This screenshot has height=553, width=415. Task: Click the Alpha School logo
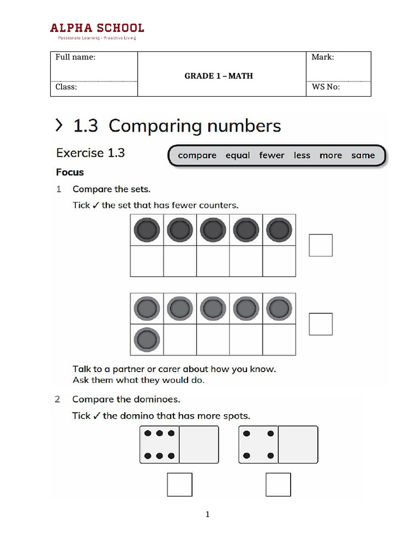coord(97,30)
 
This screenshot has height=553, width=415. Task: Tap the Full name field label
coord(76,57)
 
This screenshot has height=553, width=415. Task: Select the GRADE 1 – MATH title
coord(218,76)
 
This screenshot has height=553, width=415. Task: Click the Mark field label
coord(323,57)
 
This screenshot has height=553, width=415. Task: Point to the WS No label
coord(326,87)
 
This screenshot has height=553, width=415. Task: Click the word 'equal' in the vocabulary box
coord(238,156)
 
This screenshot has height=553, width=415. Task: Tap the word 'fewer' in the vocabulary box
coord(271,156)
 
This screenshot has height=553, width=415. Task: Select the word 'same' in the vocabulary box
coord(363,156)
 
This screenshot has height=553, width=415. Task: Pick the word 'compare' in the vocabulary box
coord(197,156)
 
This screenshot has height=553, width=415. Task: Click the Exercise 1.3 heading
coord(90,153)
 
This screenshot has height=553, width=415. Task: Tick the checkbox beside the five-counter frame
coord(320,245)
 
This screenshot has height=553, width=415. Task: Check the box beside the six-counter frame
coord(320,324)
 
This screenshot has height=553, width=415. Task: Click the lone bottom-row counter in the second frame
coord(146,340)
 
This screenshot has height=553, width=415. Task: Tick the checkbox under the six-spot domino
coord(179,484)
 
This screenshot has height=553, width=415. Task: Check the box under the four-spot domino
coord(278,484)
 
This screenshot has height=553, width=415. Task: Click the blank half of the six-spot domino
coord(199,444)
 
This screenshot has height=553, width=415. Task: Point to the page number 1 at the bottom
coord(207,515)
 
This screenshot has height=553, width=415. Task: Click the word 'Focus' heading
coord(70,172)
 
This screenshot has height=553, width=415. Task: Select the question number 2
coord(58,400)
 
